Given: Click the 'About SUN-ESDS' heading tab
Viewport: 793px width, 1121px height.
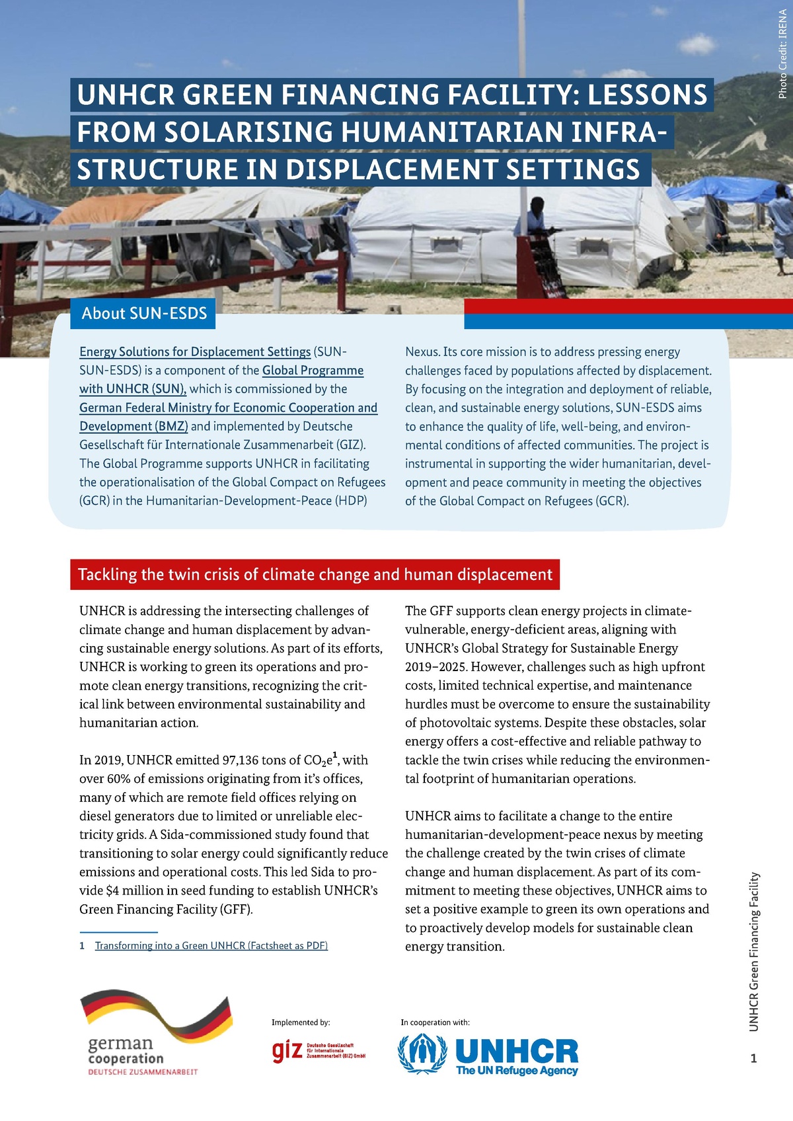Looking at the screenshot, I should (x=144, y=313).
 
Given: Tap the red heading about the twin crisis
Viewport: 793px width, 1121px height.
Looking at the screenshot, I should (x=315, y=575).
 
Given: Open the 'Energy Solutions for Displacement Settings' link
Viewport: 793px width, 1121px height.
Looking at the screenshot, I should (x=195, y=352).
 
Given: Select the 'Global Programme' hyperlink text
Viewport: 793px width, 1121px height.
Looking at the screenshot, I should (x=313, y=371).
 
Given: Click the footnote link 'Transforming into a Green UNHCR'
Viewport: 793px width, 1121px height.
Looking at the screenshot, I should (x=211, y=946).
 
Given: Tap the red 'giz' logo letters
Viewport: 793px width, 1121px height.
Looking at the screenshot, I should (x=287, y=1051).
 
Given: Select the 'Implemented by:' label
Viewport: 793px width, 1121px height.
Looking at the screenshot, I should (x=301, y=1023).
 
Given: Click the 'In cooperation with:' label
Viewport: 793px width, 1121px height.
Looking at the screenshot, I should (x=435, y=1023).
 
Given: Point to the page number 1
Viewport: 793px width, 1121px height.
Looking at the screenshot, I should (x=754, y=1058).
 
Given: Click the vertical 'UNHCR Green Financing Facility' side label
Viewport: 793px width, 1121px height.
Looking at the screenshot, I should (x=754, y=951).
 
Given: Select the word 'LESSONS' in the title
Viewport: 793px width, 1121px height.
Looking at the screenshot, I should (x=648, y=95).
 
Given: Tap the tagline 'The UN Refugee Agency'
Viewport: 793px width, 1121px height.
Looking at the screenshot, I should (x=517, y=1070).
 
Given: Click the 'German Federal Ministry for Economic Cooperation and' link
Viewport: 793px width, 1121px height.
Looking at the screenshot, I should (x=228, y=408).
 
